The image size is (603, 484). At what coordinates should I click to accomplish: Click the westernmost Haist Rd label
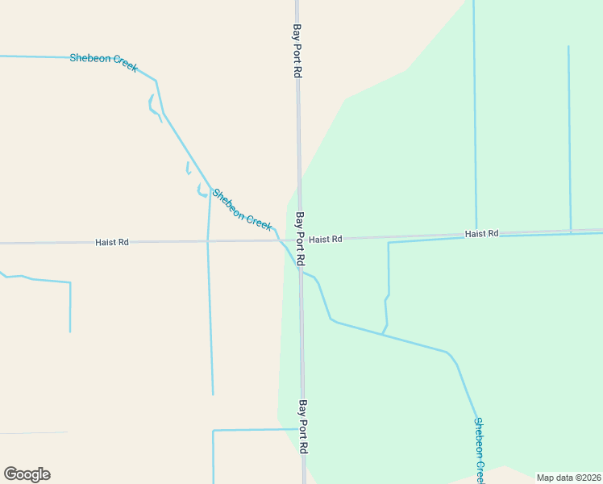point(112,242)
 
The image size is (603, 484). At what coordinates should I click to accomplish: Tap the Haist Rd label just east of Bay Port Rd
point(326,240)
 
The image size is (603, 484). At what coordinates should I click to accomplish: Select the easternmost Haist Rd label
point(481,234)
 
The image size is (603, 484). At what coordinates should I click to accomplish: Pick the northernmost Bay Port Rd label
point(297,50)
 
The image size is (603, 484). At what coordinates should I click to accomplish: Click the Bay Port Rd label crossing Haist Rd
point(300,240)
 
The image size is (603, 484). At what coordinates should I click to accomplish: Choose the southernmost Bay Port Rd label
point(303,426)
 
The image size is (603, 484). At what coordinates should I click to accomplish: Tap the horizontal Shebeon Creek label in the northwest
point(103,62)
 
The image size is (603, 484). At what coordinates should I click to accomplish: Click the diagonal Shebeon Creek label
point(242,209)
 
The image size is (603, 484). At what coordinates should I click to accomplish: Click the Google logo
point(27,474)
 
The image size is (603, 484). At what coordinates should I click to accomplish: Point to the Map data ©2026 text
point(568,478)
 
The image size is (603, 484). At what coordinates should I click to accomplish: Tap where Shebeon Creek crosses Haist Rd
point(279,240)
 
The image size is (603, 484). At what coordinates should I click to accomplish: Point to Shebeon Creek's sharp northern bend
point(156,81)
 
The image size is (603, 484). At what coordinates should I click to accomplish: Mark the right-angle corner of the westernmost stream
point(70,283)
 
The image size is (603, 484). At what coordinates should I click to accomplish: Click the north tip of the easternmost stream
point(568,47)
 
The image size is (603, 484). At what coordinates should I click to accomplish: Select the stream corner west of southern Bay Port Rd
point(213,431)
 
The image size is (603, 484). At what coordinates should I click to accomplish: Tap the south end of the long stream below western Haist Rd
point(213,394)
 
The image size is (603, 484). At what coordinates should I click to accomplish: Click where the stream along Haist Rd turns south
point(389,243)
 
